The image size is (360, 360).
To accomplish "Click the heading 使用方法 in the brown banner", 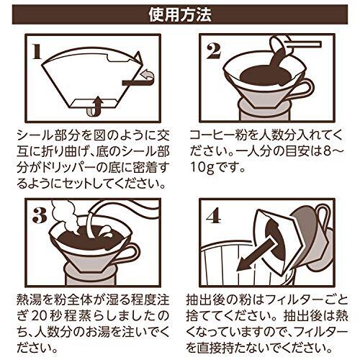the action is pyautogui.click(x=180, y=15).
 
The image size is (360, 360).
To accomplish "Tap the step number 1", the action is pyautogui.click(x=37, y=52).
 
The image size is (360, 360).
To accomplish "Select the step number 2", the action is pyautogui.click(x=214, y=52).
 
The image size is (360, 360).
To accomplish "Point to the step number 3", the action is pyautogui.click(x=40, y=216).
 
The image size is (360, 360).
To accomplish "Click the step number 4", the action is pyautogui.click(x=213, y=216).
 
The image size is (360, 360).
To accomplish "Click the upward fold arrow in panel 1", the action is pyautogui.click(x=96, y=107).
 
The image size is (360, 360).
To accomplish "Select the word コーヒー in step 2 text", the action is pyautogui.click(x=211, y=135).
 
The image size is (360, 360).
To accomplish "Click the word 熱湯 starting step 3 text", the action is pyautogui.click(x=29, y=300).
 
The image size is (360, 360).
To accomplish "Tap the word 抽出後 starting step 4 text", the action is pyautogui.click(x=204, y=300).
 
